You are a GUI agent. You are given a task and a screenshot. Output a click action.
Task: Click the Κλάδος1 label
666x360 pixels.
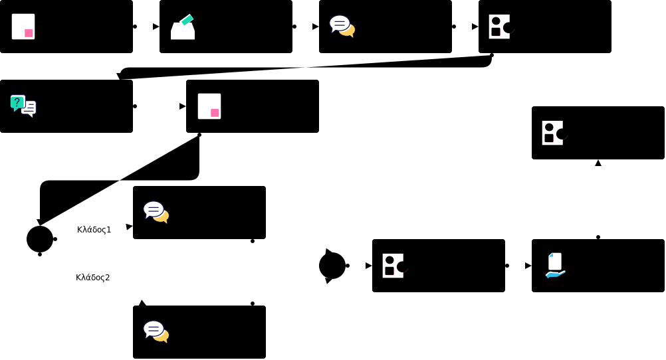[94, 230]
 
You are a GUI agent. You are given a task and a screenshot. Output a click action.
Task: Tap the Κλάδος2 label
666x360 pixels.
[92, 278]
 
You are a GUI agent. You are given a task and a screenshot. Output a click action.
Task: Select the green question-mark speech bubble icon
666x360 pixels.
[17, 102]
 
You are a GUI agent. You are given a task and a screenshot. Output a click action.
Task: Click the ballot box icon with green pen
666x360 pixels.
[182, 27]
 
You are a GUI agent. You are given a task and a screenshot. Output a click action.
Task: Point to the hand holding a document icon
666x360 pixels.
[555, 265]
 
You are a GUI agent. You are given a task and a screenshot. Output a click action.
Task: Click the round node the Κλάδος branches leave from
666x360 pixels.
[40, 239]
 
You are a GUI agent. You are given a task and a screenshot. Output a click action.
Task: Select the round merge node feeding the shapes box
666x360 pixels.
[332, 266]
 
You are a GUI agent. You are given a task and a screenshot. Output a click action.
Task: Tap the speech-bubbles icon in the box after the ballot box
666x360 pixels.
[342, 26]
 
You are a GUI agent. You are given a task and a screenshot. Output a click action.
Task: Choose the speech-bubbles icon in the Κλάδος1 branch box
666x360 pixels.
[156, 212]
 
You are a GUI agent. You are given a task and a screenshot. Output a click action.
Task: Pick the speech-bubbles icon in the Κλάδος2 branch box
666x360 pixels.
[156, 331]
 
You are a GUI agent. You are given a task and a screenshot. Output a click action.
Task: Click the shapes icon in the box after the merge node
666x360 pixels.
[393, 265]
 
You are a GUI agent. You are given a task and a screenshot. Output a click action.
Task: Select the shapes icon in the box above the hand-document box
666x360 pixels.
[553, 132]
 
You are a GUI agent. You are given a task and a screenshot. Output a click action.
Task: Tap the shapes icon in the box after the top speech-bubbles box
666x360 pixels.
[500, 27]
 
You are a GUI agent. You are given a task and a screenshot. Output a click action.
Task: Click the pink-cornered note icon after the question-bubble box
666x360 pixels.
[209, 106]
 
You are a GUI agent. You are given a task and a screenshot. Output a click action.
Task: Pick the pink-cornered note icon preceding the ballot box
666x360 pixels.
[23, 27]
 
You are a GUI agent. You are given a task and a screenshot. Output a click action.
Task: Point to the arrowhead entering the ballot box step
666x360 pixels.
[156, 27]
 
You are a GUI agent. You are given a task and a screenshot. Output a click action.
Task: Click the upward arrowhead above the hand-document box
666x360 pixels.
[598, 163]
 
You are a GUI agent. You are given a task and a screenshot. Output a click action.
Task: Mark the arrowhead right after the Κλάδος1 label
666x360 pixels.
[129, 226]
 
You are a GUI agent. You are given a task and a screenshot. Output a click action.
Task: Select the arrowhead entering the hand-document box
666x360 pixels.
[528, 266]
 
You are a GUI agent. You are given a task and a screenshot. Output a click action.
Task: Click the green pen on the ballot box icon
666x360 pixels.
[187, 20]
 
